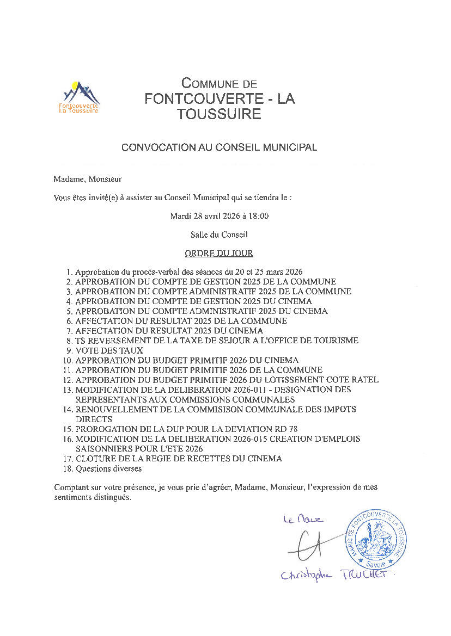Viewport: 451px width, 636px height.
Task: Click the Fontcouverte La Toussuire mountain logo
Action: pos(79,97)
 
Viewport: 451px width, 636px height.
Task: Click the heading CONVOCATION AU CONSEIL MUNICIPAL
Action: pos(219,147)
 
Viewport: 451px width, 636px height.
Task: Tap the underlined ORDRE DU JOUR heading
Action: pos(219,254)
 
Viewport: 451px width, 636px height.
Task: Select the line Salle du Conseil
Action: pos(219,234)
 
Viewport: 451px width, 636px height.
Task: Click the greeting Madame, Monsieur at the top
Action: pos(88,178)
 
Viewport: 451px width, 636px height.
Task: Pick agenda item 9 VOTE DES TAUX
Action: pos(109,350)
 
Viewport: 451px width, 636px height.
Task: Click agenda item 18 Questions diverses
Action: pos(108,468)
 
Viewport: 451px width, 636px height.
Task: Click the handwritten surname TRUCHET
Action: pos(369,575)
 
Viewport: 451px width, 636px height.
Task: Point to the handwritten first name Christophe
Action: pos(306,576)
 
